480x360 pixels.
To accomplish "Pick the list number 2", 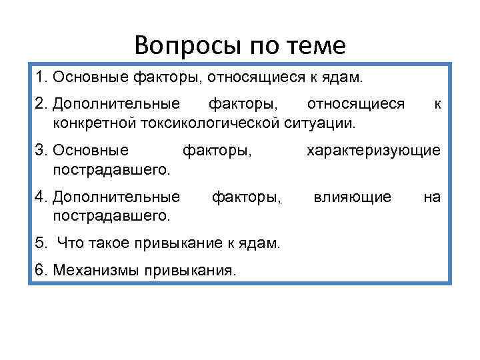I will point(40,104).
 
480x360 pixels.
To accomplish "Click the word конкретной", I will point(89,123).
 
